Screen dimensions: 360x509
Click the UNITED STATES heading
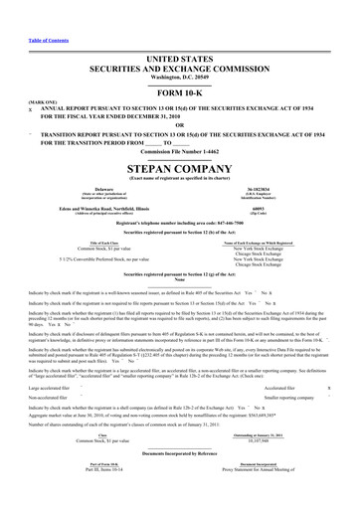pos(180,32)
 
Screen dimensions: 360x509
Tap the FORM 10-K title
pos(180,65)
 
